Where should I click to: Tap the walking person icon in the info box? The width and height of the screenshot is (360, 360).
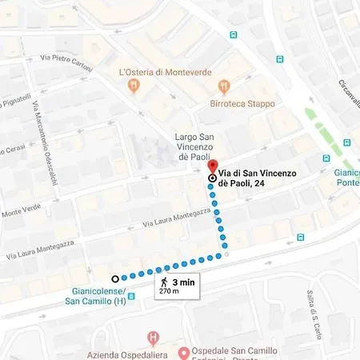[164, 282]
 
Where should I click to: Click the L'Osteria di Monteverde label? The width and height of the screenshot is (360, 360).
[165, 72]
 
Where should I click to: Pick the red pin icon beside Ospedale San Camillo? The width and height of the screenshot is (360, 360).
[183, 352]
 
